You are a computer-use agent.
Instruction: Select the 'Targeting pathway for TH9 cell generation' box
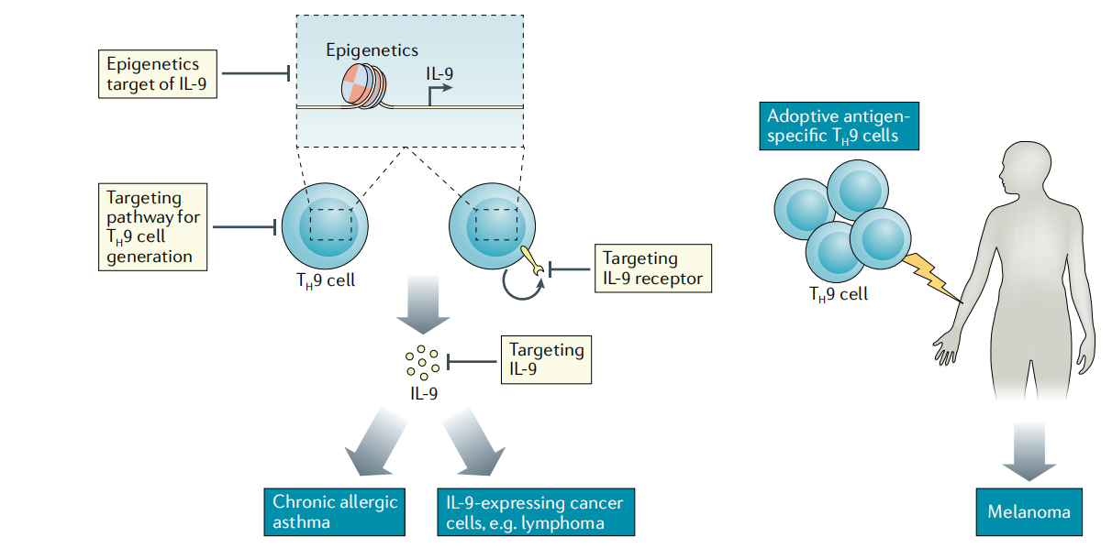click(152, 225)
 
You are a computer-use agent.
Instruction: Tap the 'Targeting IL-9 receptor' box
click(652, 269)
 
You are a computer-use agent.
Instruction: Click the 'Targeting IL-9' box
click(546, 359)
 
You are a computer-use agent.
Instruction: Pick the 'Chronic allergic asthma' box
click(334, 511)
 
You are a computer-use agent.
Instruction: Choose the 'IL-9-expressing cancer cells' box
click(534, 511)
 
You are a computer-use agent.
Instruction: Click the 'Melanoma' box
click(1028, 511)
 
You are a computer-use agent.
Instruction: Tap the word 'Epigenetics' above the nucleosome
click(372, 50)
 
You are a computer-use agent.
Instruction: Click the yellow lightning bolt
click(930, 274)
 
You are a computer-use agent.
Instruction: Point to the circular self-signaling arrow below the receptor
click(524, 287)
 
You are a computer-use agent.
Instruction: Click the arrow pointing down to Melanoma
click(1028, 449)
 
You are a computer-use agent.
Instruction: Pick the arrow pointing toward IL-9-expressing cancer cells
click(473, 444)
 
